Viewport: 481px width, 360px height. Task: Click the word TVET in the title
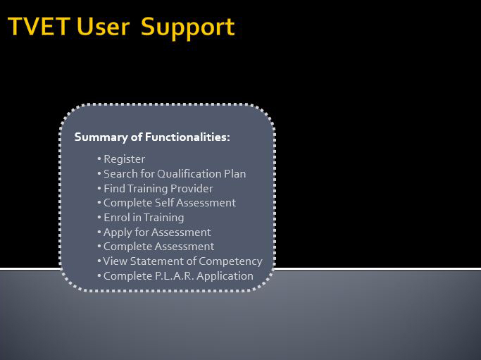tap(39, 26)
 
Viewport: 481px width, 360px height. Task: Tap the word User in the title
tap(103, 26)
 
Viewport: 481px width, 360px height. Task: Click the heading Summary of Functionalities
tap(152, 137)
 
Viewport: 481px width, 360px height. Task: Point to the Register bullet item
tap(124, 159)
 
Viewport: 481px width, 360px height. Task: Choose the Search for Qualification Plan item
tap(175, 174)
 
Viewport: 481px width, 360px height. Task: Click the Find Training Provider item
tap(158, 188)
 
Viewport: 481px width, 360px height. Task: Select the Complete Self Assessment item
tap(170, 203)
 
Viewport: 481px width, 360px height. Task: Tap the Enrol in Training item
tap(144, 218)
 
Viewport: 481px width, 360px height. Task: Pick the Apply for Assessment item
tap(157, 232)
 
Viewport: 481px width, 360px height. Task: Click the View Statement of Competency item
tap(182, 261)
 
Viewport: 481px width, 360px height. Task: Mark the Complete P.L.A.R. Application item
tap(179, 276)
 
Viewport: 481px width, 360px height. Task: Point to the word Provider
tap(192, 188)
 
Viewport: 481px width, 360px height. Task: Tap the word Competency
tap(230, 261)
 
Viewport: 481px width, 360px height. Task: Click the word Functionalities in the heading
tap(187, 137)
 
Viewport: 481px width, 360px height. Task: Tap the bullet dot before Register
tap(99, 159)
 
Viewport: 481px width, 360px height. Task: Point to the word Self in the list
tap(164, 203)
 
